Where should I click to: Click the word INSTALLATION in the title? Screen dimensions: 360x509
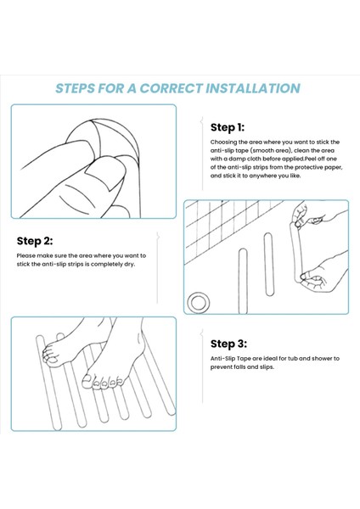pos(253,88)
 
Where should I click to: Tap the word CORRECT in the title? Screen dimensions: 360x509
pos(172,88)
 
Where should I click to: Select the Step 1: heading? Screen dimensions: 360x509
pos(228,127)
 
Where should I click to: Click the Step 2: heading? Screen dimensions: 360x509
pos(35,241)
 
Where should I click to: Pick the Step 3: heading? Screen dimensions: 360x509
pos(228,344)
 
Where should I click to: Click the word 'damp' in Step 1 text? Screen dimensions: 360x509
pos(238,159)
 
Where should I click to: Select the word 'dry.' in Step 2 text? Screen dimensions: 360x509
pos(129,264)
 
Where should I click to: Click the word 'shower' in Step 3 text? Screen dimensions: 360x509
pos(323,359)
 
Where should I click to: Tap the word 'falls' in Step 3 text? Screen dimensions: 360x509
pos(238,367)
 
